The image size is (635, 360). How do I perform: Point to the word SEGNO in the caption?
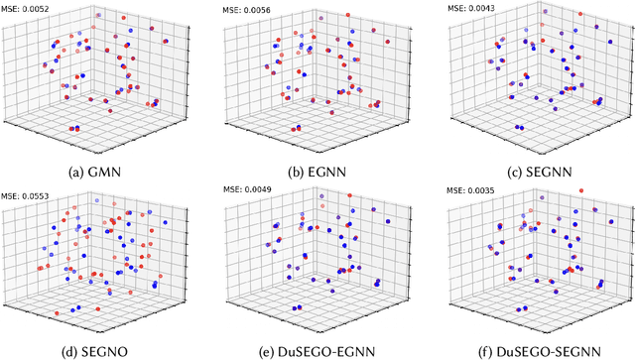106,348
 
